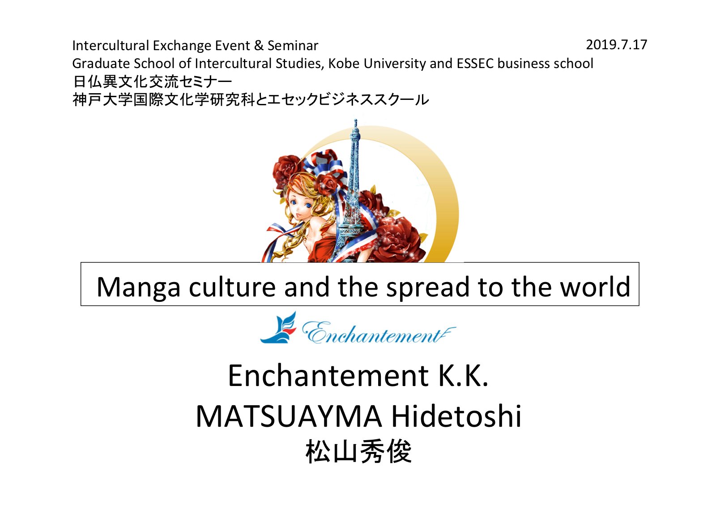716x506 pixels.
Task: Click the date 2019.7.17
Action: click(x=616, y=45)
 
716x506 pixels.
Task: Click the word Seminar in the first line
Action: click(x=293, y=46)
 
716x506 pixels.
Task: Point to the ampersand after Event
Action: click(x=259, y=46)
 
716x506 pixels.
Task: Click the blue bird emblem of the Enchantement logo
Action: click(x=278, y=327)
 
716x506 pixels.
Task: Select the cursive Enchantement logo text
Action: click(x=379, y=333)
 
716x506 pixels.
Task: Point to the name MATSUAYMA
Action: click(x=289, y=416)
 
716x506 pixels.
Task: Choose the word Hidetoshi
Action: click(x=456, y=416)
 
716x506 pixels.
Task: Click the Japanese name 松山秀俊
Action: click(x=358, y=451)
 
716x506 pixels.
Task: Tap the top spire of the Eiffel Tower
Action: click(x=355, y=123)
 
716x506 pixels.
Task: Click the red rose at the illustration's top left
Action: click(x=287, y=170)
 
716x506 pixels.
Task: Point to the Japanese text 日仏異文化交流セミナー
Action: click(x=152, y=82)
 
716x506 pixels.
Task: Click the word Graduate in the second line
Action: click(x=101, y=63)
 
